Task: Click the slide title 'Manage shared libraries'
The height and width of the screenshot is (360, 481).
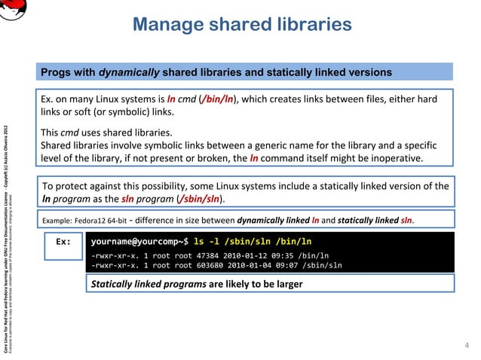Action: [241, 25]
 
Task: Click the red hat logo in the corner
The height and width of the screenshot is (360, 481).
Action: [14, 9]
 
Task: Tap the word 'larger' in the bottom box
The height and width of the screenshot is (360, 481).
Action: [286, 284]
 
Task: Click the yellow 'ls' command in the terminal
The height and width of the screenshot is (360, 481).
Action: [199, 243]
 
